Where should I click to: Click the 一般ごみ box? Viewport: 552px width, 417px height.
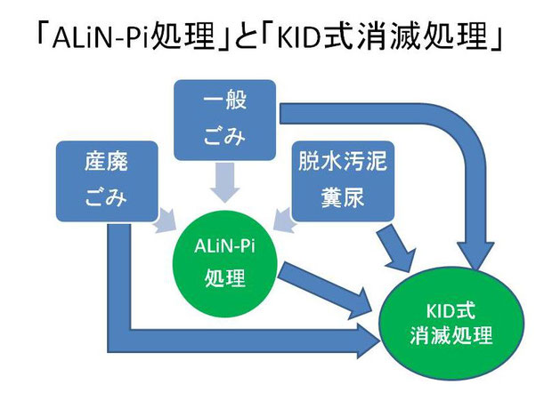(x=224, y=120)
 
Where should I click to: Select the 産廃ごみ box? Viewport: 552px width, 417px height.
(x=107, y=181)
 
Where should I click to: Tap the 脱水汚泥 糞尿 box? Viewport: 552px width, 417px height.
(x=343, y=181)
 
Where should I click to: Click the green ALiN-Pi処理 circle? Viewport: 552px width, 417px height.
(x=225, y=263)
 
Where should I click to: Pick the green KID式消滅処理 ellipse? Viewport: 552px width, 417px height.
(x=451, y=323)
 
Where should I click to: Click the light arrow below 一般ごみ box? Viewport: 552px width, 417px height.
(x=225, y=182)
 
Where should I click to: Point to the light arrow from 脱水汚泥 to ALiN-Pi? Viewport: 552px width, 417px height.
(x=284, y=221)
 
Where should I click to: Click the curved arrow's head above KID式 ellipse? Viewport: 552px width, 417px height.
(x=478, y=256)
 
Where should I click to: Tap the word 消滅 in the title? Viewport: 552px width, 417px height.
(x=388, y=37)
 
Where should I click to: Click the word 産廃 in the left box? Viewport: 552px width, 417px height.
(x=106, y=162)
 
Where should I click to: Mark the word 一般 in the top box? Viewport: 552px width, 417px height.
(x=224, y=100)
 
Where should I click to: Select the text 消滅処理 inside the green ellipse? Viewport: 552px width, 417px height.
(x=451, y=335)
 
